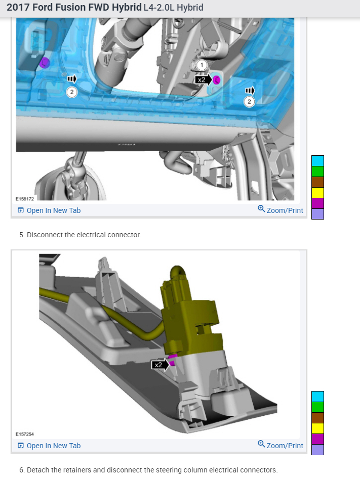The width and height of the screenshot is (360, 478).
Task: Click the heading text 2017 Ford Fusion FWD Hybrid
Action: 74,7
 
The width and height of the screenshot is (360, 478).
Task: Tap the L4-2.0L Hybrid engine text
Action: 174,7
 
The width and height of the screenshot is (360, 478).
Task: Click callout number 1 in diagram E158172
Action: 202,65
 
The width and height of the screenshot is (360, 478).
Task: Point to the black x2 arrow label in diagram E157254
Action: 160,365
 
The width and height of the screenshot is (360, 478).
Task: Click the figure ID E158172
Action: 25,199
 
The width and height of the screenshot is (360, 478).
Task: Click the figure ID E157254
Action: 25,434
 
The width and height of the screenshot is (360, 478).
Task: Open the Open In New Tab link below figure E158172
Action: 49,210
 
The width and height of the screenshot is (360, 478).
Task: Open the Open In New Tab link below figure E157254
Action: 49,446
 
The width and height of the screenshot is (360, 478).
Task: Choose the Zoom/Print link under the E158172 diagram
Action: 281,210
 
